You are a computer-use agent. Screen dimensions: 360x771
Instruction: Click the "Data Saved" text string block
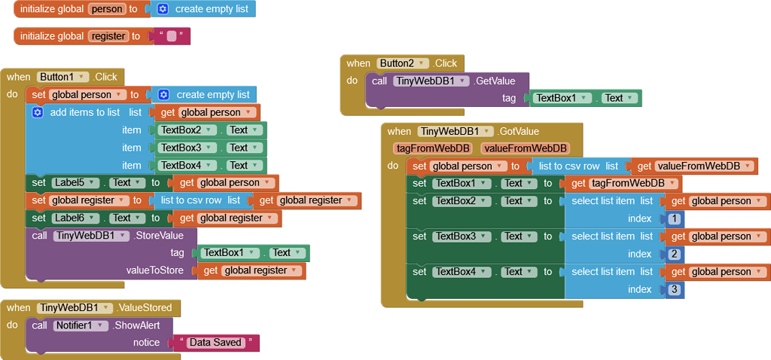(215, 343)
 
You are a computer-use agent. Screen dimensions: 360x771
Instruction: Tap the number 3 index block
(675, 289)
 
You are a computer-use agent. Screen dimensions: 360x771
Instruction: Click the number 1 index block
(675, 218)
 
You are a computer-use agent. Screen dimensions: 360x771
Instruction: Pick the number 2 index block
(675, 254)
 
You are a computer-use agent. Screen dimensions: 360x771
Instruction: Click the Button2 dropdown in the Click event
(403, 63)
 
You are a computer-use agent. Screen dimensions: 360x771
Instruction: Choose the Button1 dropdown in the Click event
(62, 77)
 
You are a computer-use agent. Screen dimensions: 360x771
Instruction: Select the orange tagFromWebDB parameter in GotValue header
(432, 148)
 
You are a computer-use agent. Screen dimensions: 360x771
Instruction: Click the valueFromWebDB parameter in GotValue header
(524, 148)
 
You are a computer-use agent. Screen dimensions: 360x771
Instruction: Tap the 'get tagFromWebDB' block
(624, 183)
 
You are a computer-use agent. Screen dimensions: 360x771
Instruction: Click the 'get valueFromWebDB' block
(693, 166)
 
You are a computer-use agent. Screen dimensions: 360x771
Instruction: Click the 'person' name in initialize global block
(106, 9)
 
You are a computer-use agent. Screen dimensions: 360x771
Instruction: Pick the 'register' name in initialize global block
(108, 36)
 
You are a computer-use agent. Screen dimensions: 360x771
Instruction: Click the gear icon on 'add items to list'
(38, 112)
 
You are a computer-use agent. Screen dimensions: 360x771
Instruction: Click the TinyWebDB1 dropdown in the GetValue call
(431, 81)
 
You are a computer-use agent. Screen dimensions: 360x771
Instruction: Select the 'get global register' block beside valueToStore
(251, 270)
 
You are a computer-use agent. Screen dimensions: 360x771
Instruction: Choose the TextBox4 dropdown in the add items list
(185, 165)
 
